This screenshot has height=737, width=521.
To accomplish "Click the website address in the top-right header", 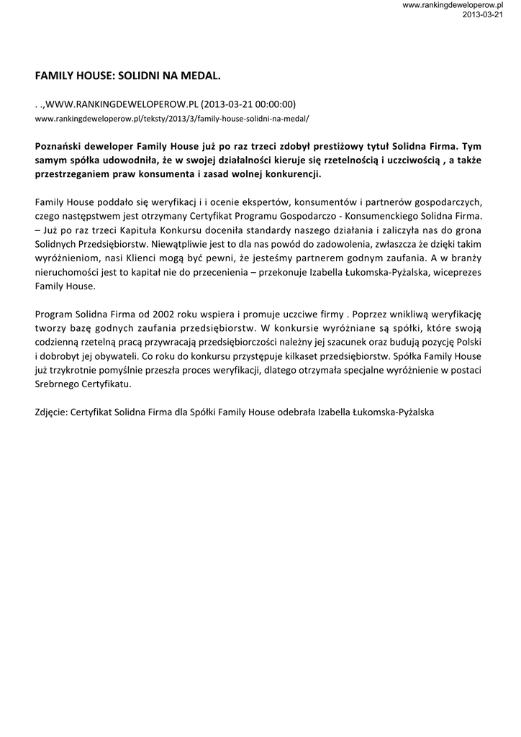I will point(452,5).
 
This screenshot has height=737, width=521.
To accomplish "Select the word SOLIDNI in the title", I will point(134,75).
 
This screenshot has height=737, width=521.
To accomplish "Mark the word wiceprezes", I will point(458,272).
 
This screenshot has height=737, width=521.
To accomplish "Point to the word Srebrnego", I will point(57,384).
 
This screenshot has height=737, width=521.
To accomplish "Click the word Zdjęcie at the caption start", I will point(51,413).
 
